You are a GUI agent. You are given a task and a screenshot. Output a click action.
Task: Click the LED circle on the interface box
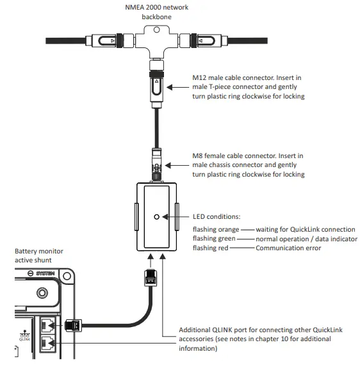pos(157,217)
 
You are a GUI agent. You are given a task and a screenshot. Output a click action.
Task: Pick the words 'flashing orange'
pos(216,229)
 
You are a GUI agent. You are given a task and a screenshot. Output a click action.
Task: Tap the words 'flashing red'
pos(211,248)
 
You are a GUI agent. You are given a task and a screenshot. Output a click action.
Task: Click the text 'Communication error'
pos(288,248)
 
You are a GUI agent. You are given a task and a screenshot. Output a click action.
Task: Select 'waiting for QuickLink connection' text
pos(305,229)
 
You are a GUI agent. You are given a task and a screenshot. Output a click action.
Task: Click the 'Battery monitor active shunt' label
pos(39,256)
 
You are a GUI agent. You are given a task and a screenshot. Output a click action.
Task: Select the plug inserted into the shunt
pos(74,325)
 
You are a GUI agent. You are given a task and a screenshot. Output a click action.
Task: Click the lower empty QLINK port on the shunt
pos(47,345)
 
